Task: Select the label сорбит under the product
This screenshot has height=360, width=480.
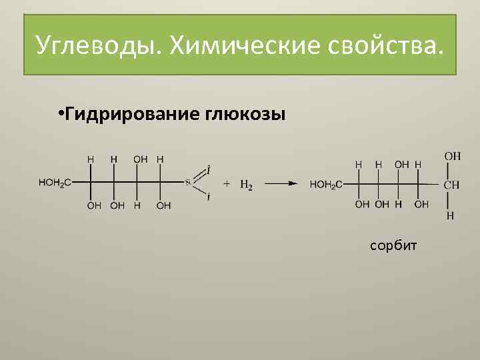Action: pyautogui.click(x=393, y=246)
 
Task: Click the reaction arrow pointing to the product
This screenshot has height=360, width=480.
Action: pyautogui.click(x=284, y=183)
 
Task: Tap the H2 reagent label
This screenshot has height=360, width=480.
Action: pyautogui.click(x=246, y=185)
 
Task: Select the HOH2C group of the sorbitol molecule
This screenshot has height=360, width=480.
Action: pyautogui.click(x=326, y=184)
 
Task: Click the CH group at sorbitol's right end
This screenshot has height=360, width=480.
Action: pyautogui.click(x=451, y=185)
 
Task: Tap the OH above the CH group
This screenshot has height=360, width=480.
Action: pyautogui.click(x=452, y=156)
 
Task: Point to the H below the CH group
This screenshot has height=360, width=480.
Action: pyautogui.click(x=451, y=215)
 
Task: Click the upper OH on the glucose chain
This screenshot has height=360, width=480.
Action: pyautogui.click(x=140, y=159)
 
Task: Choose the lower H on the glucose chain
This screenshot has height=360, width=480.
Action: pyautogui.click(x=137, y=206)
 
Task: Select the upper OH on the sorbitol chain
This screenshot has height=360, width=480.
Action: pyautogui.click(x=401, y=163)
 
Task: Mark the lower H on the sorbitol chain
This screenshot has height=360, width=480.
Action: pyautogui.click(x=399, y=205)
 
